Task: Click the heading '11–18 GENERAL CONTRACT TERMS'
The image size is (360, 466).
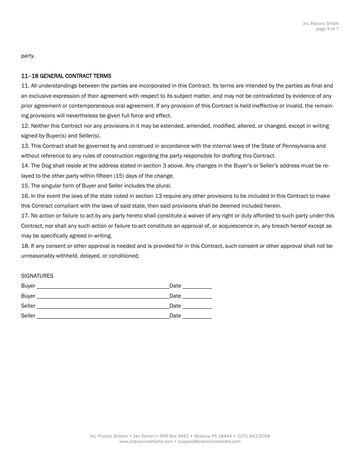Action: (x=66, y=76)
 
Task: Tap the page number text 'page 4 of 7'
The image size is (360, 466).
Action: (x=327, y=29)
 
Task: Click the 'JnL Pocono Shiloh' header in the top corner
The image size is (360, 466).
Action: (x=320, y=23)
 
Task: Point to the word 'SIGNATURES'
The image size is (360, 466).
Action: (x=37, y=276)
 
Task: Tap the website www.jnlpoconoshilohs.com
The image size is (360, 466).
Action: (x=146, y=441)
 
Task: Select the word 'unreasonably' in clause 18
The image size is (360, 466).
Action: (x=36, y=256)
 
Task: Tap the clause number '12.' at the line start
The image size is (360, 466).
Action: (x=25, y=126)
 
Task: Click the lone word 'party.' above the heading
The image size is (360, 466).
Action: (x=28, y=56)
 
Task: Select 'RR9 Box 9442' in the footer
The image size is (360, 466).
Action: (x=174, y=436)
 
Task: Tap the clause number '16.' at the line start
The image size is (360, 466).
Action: (x=25, y=196)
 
